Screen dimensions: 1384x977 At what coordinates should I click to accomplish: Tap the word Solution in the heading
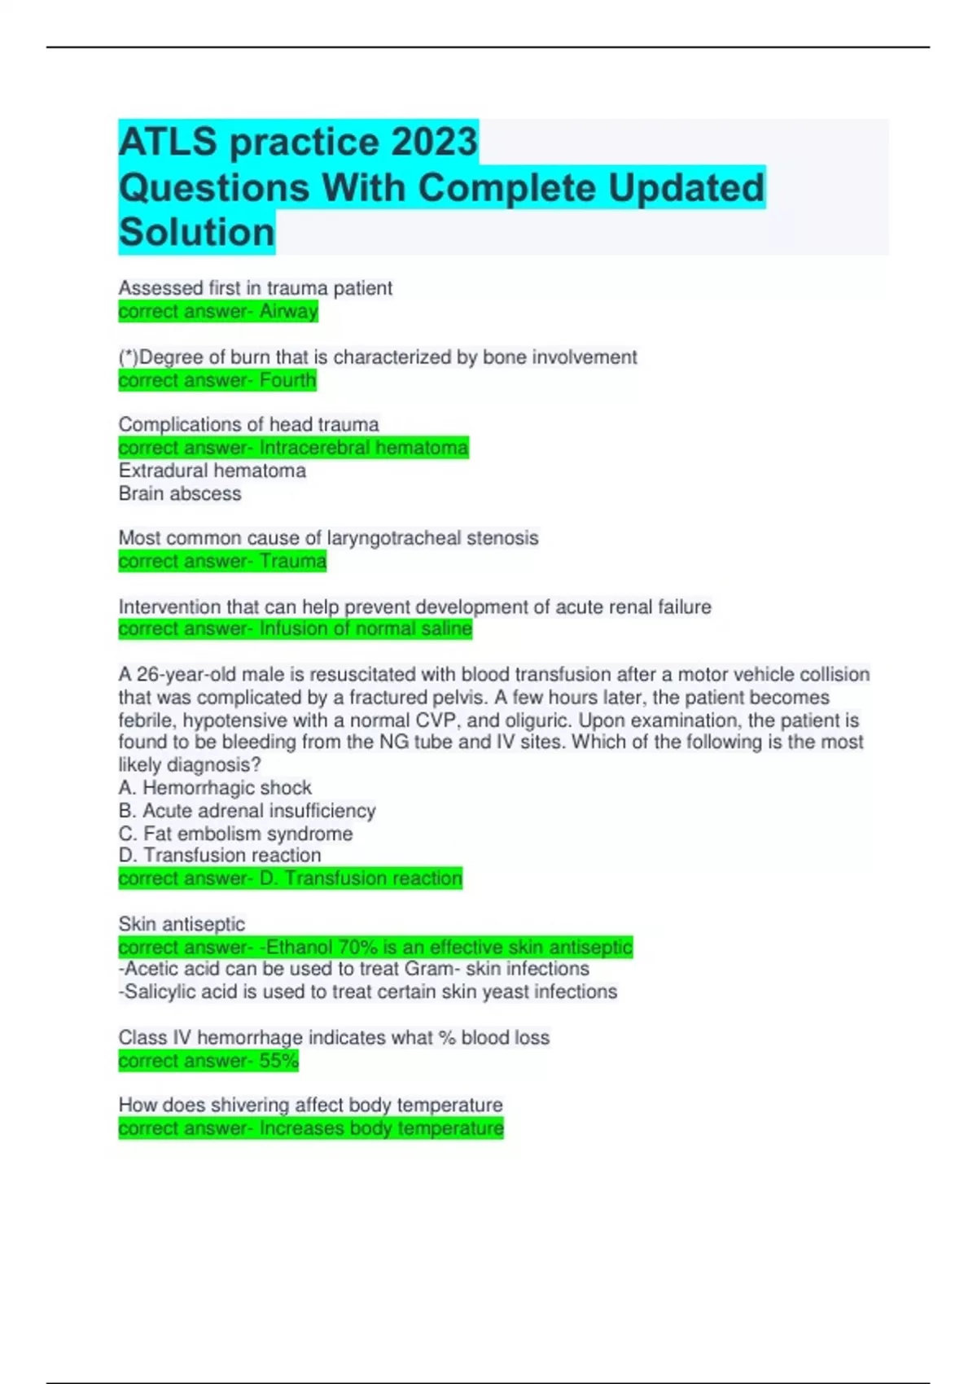tap(197, 232)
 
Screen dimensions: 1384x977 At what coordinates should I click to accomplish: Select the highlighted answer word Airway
tap(289, 311)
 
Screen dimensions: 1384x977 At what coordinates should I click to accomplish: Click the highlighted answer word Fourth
tap(287, 380)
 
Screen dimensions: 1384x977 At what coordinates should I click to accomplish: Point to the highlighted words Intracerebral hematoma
tap(363, 448)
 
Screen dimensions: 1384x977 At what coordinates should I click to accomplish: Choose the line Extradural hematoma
tap(212, 471)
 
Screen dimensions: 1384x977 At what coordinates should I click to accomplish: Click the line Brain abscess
tap(180, 493)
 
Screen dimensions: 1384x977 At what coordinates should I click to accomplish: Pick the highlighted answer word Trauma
tap(293, 561)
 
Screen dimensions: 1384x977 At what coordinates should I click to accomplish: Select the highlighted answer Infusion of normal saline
tap(366, 628)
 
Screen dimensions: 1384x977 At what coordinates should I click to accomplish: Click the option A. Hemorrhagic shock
tap(215, 787)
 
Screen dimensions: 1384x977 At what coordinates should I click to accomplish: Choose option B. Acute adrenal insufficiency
tap(247, 811)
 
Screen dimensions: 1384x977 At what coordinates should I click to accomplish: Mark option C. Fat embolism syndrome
tap(235, 834)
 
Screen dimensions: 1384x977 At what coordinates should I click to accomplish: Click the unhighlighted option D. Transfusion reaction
tap(220, 855)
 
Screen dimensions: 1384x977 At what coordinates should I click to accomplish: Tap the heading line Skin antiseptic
tap(182, 924)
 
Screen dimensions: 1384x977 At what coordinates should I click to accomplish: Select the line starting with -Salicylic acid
tap(367, 992)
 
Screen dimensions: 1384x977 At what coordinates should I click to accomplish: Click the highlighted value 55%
tap(279, 1061)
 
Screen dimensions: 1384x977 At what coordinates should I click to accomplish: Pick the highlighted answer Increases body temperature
tap(381, 1128)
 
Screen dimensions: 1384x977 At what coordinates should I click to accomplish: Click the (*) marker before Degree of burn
tap(129, 357)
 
